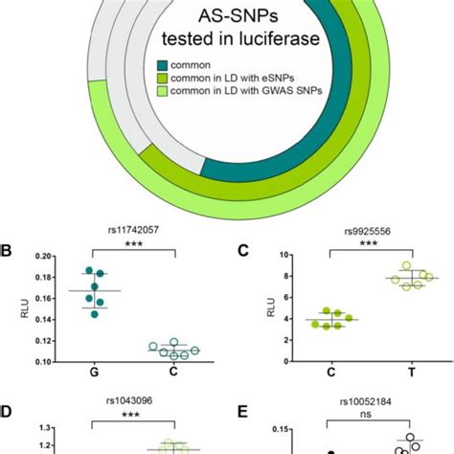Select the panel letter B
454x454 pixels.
tap(8, 253)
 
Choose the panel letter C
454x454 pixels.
tap(241, 253)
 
